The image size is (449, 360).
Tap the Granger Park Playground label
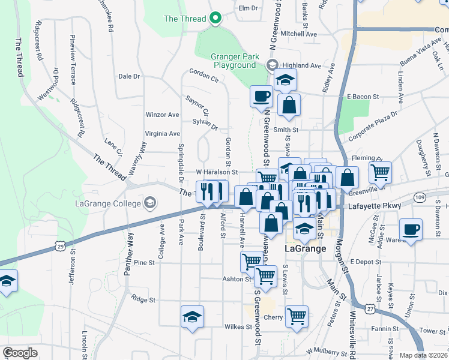[235, 61]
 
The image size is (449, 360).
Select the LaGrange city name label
[304, 248]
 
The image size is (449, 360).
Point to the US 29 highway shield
[59, 245]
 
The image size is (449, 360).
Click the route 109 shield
[419, 197]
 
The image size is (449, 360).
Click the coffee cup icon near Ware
[411, 230]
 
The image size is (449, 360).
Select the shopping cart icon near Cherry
[297, 316]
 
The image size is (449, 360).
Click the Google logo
[20, 353]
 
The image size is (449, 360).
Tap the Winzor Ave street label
[163, 115]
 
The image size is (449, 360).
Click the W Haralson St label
[217, 172]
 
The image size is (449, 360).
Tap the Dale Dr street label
[128, 76]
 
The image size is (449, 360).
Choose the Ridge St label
[143, 299]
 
